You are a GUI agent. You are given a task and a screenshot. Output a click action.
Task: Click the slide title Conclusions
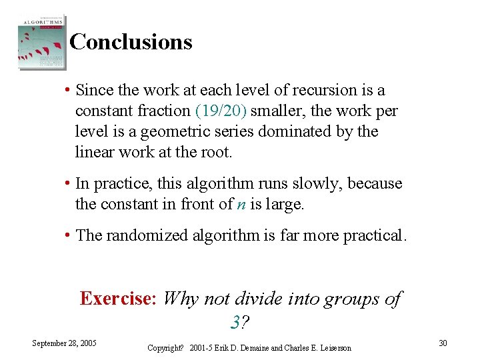coord(131,42)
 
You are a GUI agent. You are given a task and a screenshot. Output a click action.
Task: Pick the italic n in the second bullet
coord(241,205)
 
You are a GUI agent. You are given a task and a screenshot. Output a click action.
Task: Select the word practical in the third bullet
coord(374,235)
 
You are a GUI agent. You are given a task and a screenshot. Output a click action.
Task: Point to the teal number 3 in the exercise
coord(235,323)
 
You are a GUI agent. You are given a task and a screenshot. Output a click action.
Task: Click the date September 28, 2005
coord(65,343)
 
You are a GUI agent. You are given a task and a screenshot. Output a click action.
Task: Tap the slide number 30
coord(443,343)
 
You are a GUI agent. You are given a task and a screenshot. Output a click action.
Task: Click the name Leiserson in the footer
coord(332,348)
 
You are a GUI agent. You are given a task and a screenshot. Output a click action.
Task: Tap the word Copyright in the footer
coord(165,348)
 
